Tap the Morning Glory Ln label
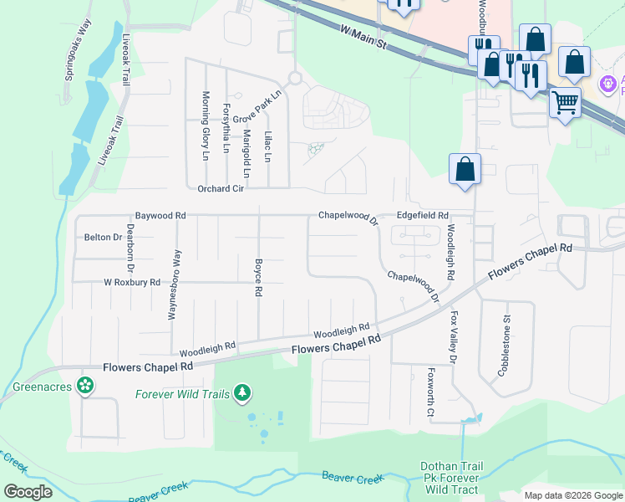[x=206, y=125]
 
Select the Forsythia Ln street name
[x=226, y=128]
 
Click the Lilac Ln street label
[x=268, y=146]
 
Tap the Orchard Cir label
[x=221, y=189]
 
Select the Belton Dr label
[x=104, y=238]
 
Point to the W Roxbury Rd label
[x=131, y=283]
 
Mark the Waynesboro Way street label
[x=176, y=284]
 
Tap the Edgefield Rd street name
[x=423, y=215]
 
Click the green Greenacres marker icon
[x=84, y=386]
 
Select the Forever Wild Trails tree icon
[x=242, y=392]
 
